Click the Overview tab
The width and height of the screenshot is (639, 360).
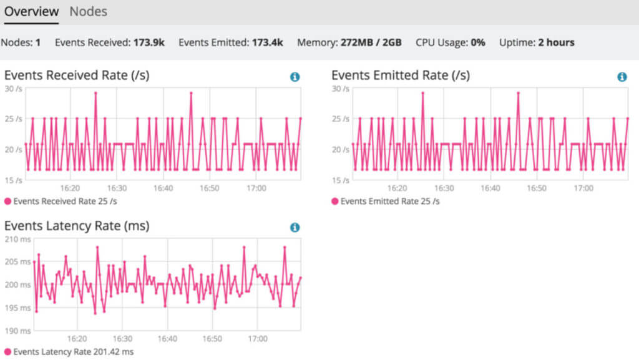(31, 11)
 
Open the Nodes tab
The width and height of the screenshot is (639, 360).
(88, 11)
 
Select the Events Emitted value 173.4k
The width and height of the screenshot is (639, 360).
(268, 42)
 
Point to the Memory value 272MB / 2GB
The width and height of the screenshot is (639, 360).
(371, 42)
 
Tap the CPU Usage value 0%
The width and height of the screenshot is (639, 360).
(478, 42)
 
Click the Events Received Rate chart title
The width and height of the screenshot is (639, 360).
(77, 75)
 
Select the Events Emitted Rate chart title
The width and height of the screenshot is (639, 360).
(401, 75)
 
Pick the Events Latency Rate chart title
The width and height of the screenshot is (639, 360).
(77, 226)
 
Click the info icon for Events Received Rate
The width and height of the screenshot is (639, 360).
(295, 77)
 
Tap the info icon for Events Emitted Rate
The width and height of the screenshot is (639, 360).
(622, 77)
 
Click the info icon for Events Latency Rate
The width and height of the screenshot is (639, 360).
(295, 228)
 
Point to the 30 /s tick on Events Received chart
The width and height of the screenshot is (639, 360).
(14, 89)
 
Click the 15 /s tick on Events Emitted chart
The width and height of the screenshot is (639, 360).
(341, 180)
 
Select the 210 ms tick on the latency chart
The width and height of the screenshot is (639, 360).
(17, 239)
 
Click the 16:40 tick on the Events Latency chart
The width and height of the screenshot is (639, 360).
(167, 339)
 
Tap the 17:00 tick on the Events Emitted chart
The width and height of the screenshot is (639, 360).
(583, 188)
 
